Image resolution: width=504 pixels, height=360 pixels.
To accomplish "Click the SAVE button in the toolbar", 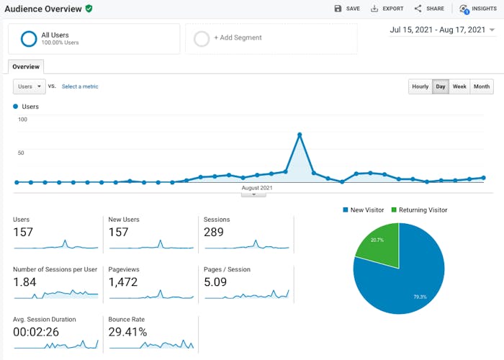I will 346,9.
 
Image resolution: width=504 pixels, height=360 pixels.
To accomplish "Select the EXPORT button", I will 387,9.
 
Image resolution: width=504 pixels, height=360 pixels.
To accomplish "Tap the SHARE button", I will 429,9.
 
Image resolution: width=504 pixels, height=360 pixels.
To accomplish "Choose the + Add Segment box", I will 271,38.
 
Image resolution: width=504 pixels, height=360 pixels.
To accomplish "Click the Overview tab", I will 26,66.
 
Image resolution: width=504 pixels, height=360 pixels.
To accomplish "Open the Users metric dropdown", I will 30,86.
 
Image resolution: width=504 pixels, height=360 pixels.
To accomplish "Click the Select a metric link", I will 80,86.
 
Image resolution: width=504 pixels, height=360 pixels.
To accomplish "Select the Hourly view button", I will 420,86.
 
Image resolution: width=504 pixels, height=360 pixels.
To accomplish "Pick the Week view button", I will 459,86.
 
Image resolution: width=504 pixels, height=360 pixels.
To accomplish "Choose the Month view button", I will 482,86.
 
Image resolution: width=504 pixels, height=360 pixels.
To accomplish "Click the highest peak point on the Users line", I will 300,135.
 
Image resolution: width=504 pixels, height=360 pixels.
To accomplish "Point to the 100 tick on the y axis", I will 22,120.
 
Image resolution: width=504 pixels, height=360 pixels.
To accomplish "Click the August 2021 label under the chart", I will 257,188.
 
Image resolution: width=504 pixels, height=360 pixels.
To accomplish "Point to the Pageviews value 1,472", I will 123,282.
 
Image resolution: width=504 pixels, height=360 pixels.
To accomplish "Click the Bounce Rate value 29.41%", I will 127,332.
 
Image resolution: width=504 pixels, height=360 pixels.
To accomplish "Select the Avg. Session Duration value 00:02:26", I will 35,332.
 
